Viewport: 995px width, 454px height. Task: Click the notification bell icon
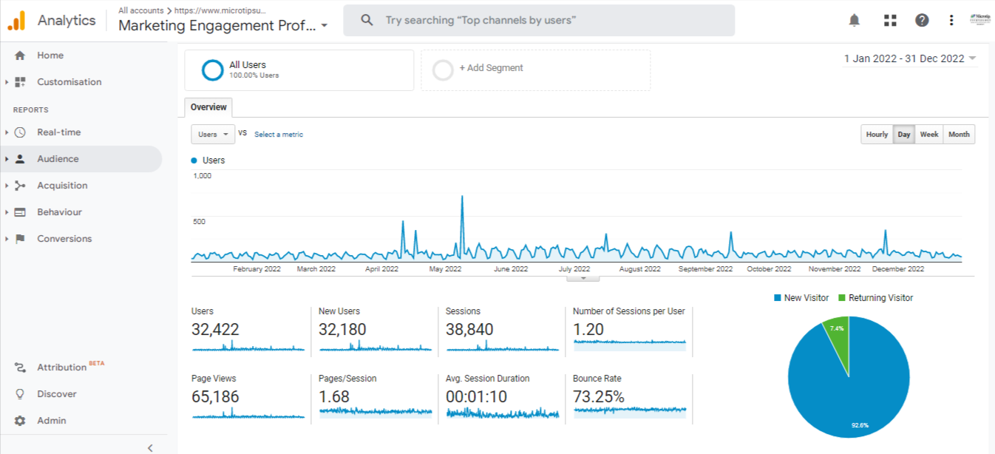pyautogui.click(x=855, y=20)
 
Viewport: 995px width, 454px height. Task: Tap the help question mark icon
pyautogui.click(x=922, y=20)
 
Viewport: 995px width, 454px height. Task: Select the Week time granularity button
pyautogui.click(x=929, y=135)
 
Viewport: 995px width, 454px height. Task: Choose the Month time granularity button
pyautogui.click(x=959, y=135)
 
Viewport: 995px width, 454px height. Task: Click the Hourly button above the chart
pyautogui.click(x=877, y=135)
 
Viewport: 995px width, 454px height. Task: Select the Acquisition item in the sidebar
pyautogui.click(x=62, y=186)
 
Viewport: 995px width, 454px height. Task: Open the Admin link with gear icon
pyautogui.click(x=52, y=421)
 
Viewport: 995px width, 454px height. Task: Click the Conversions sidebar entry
pyautogui.click(x=64, y=239)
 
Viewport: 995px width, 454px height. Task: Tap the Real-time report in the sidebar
pyautogui.click(x=59, y=132)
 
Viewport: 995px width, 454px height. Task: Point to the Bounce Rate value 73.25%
pyautogui.click(x=599, y=397)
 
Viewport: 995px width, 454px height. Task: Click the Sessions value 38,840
pyautogui.click(x=469, y=330)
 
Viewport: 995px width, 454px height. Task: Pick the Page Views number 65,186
pyautogui.click(x=215, y=397)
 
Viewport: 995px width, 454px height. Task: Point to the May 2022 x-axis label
pyautogui.click(x=446, y=269)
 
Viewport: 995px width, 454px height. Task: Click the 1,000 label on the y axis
pyautogui.click(x=203, y=176)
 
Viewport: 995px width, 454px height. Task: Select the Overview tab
pyautogui.click(x=208, y=107)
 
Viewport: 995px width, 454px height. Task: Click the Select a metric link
pyautogui.click(x=279, y=135)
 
